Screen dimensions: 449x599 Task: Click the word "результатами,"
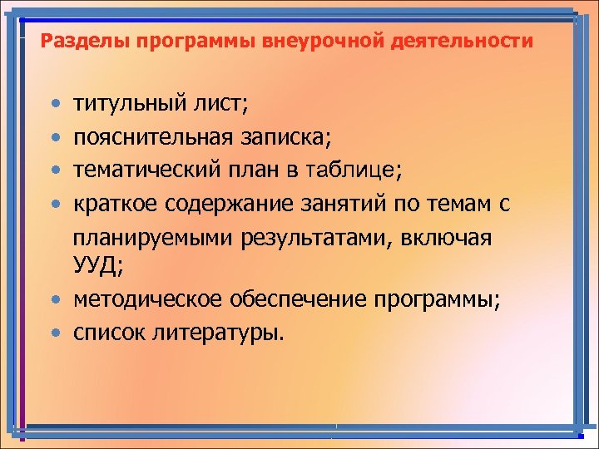pos(319,237)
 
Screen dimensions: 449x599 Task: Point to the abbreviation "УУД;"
pos(97,267)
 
